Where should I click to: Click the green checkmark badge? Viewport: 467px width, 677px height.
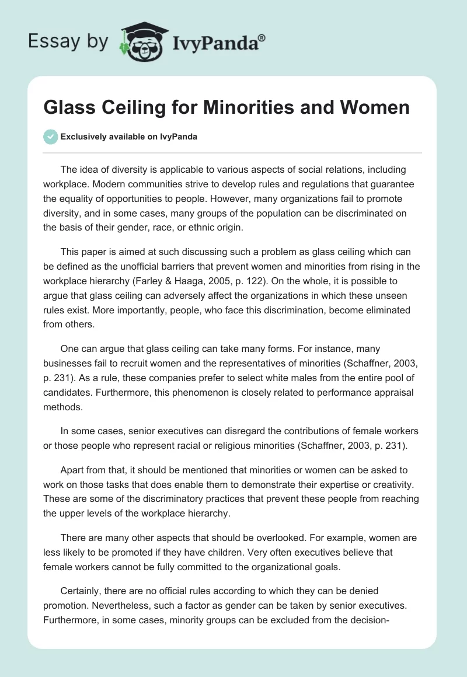(50, 137)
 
